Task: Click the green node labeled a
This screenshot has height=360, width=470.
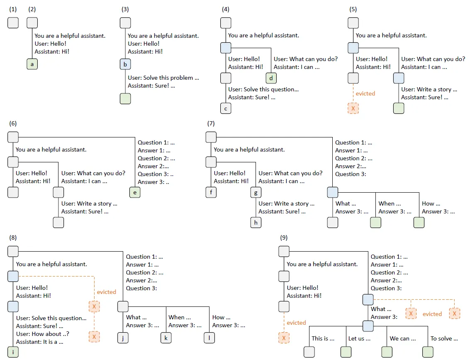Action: tap(32, 64)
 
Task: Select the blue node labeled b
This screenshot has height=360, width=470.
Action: tap(125, 64)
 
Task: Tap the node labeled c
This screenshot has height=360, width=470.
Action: tap(226, 108)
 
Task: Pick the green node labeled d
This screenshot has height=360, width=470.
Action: tap(271, 78)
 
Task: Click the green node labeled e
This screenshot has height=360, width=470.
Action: tap(135, 192)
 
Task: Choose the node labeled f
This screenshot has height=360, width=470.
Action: tap(211, 192)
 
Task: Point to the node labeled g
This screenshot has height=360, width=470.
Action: tap(256, 192)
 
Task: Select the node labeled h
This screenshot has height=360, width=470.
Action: tap(256, 222)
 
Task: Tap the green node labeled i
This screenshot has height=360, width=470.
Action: tap(13, 352)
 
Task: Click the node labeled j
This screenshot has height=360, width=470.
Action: tap(123, 338)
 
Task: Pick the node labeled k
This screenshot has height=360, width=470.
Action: tap(166, 338)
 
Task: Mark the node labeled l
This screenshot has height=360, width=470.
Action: tap(209, 338)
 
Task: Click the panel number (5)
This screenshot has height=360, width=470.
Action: tap(353, 9)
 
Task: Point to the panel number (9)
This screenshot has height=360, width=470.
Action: tap(284, 238)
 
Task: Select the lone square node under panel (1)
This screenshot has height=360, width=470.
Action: tap(13, 23)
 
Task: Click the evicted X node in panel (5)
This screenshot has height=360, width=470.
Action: tap(353, 108)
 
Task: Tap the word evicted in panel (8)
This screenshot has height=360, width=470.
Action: tap(107, 292)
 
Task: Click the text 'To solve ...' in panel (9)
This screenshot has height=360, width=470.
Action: tap(444, 338)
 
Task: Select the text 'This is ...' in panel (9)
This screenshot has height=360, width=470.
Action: tap(323, 338)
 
